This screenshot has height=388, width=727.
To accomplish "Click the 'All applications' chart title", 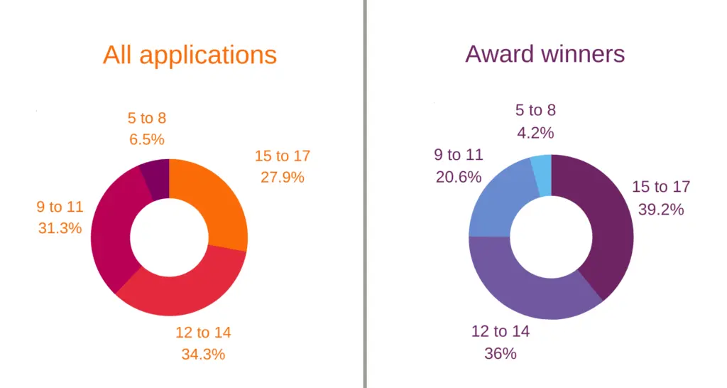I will coord(190,55).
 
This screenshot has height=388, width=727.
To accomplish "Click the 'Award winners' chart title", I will coord(545,53).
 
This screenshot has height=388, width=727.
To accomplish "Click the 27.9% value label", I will coord(283,178).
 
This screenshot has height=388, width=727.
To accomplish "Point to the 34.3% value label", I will coord(203,354).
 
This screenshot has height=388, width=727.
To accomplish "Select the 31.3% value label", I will coord(60,229).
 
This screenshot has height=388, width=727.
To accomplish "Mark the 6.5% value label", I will coord(146,140).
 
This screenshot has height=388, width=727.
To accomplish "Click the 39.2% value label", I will coord(661,210).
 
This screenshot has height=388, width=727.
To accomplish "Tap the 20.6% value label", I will coord(458,177).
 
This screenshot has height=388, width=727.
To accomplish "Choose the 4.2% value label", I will coord(535,132).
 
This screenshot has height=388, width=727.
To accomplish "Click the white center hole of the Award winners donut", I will coord(551,237).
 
